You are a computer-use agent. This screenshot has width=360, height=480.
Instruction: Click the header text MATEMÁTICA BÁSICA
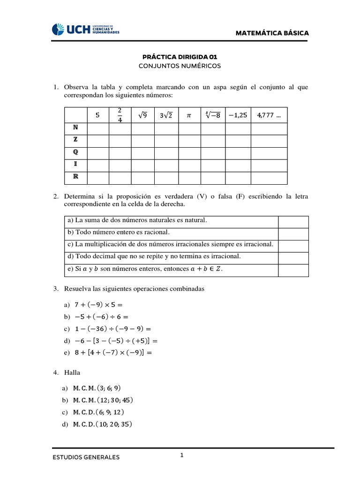[x=278, y=33]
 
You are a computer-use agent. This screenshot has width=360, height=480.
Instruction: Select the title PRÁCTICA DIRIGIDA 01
[x=180, y=56]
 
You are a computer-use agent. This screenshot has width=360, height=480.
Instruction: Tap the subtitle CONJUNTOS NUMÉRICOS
[x=180, y=66]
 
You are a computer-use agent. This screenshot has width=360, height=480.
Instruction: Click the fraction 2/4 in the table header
[x=120, y=115]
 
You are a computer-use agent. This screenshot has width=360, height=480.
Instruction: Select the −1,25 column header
[x=238, y=115]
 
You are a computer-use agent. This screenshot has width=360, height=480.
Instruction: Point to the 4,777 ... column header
[x=269, y=115]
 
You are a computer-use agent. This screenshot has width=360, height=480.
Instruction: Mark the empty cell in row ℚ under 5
[x=97, y=153]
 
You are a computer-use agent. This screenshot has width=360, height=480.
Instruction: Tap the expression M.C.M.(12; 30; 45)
[x=103, y=400]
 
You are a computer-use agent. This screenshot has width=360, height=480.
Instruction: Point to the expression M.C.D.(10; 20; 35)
[x=103, y=425]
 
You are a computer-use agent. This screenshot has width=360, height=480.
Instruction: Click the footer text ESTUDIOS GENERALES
[x=86, y=457]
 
